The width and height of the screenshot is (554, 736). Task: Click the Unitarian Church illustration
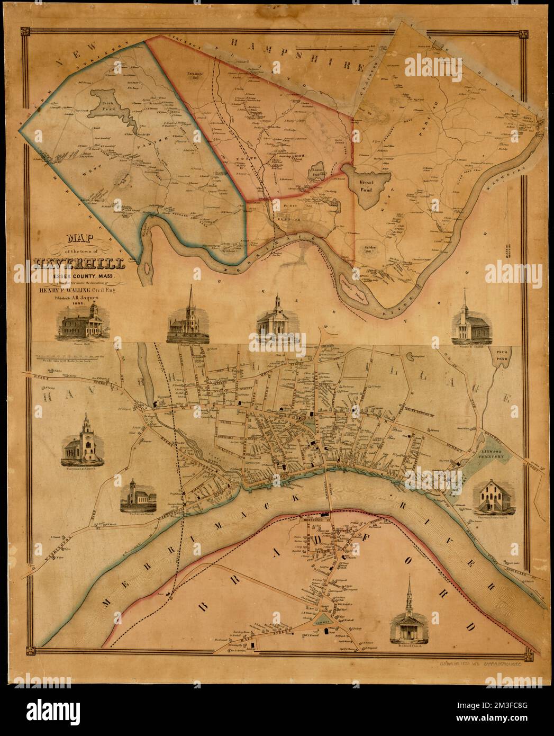pos(137,497)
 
